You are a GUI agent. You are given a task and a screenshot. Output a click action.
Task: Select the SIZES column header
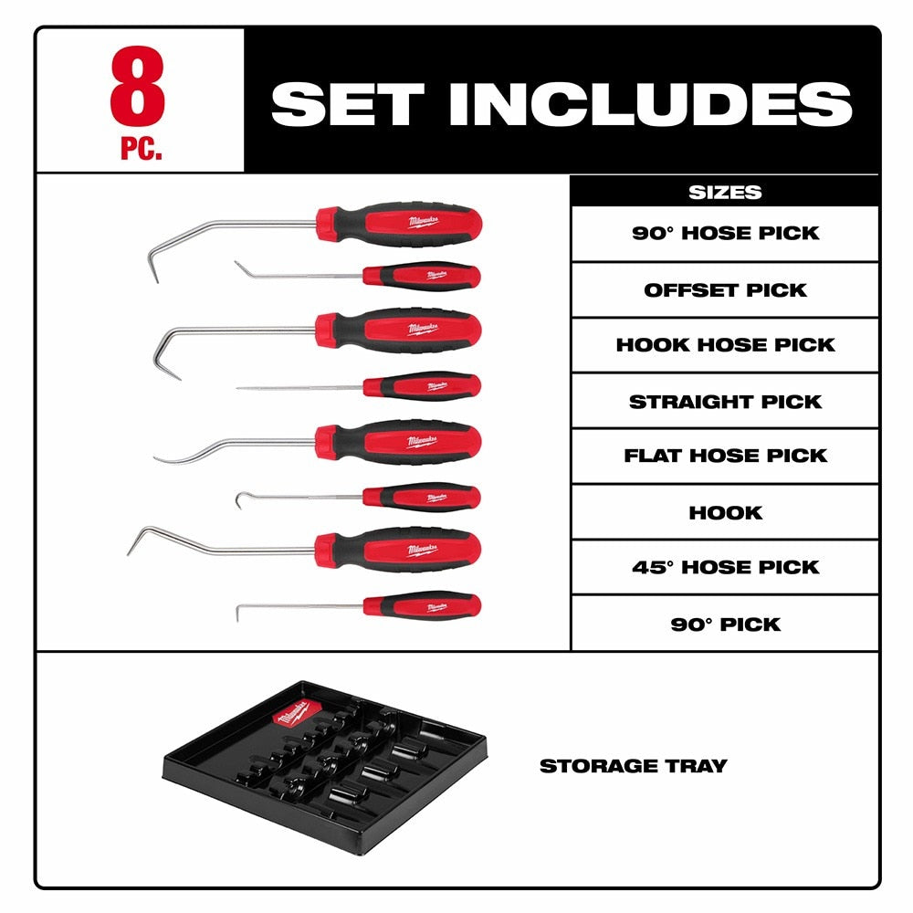(724, 192)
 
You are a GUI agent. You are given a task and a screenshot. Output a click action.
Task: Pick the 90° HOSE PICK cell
(725, 233)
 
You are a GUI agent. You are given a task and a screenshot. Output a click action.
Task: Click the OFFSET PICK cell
(725, 290)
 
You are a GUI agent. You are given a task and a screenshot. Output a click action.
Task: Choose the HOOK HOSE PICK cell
(725, 345)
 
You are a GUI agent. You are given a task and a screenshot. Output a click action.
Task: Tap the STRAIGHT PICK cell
(725, 402)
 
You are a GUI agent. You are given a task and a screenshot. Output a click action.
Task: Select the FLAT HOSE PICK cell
(725, 456)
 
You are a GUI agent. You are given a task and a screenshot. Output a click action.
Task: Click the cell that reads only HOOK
(725, 512)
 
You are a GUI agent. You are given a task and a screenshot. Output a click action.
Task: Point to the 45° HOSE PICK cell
(725, 567)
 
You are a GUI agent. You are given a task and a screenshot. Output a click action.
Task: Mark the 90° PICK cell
(725, 624)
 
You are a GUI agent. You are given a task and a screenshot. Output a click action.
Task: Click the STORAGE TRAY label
(633, 766)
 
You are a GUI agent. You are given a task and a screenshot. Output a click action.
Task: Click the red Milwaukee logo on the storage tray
(299, 710)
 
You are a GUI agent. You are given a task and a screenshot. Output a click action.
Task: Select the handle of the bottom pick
(425, 605)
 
